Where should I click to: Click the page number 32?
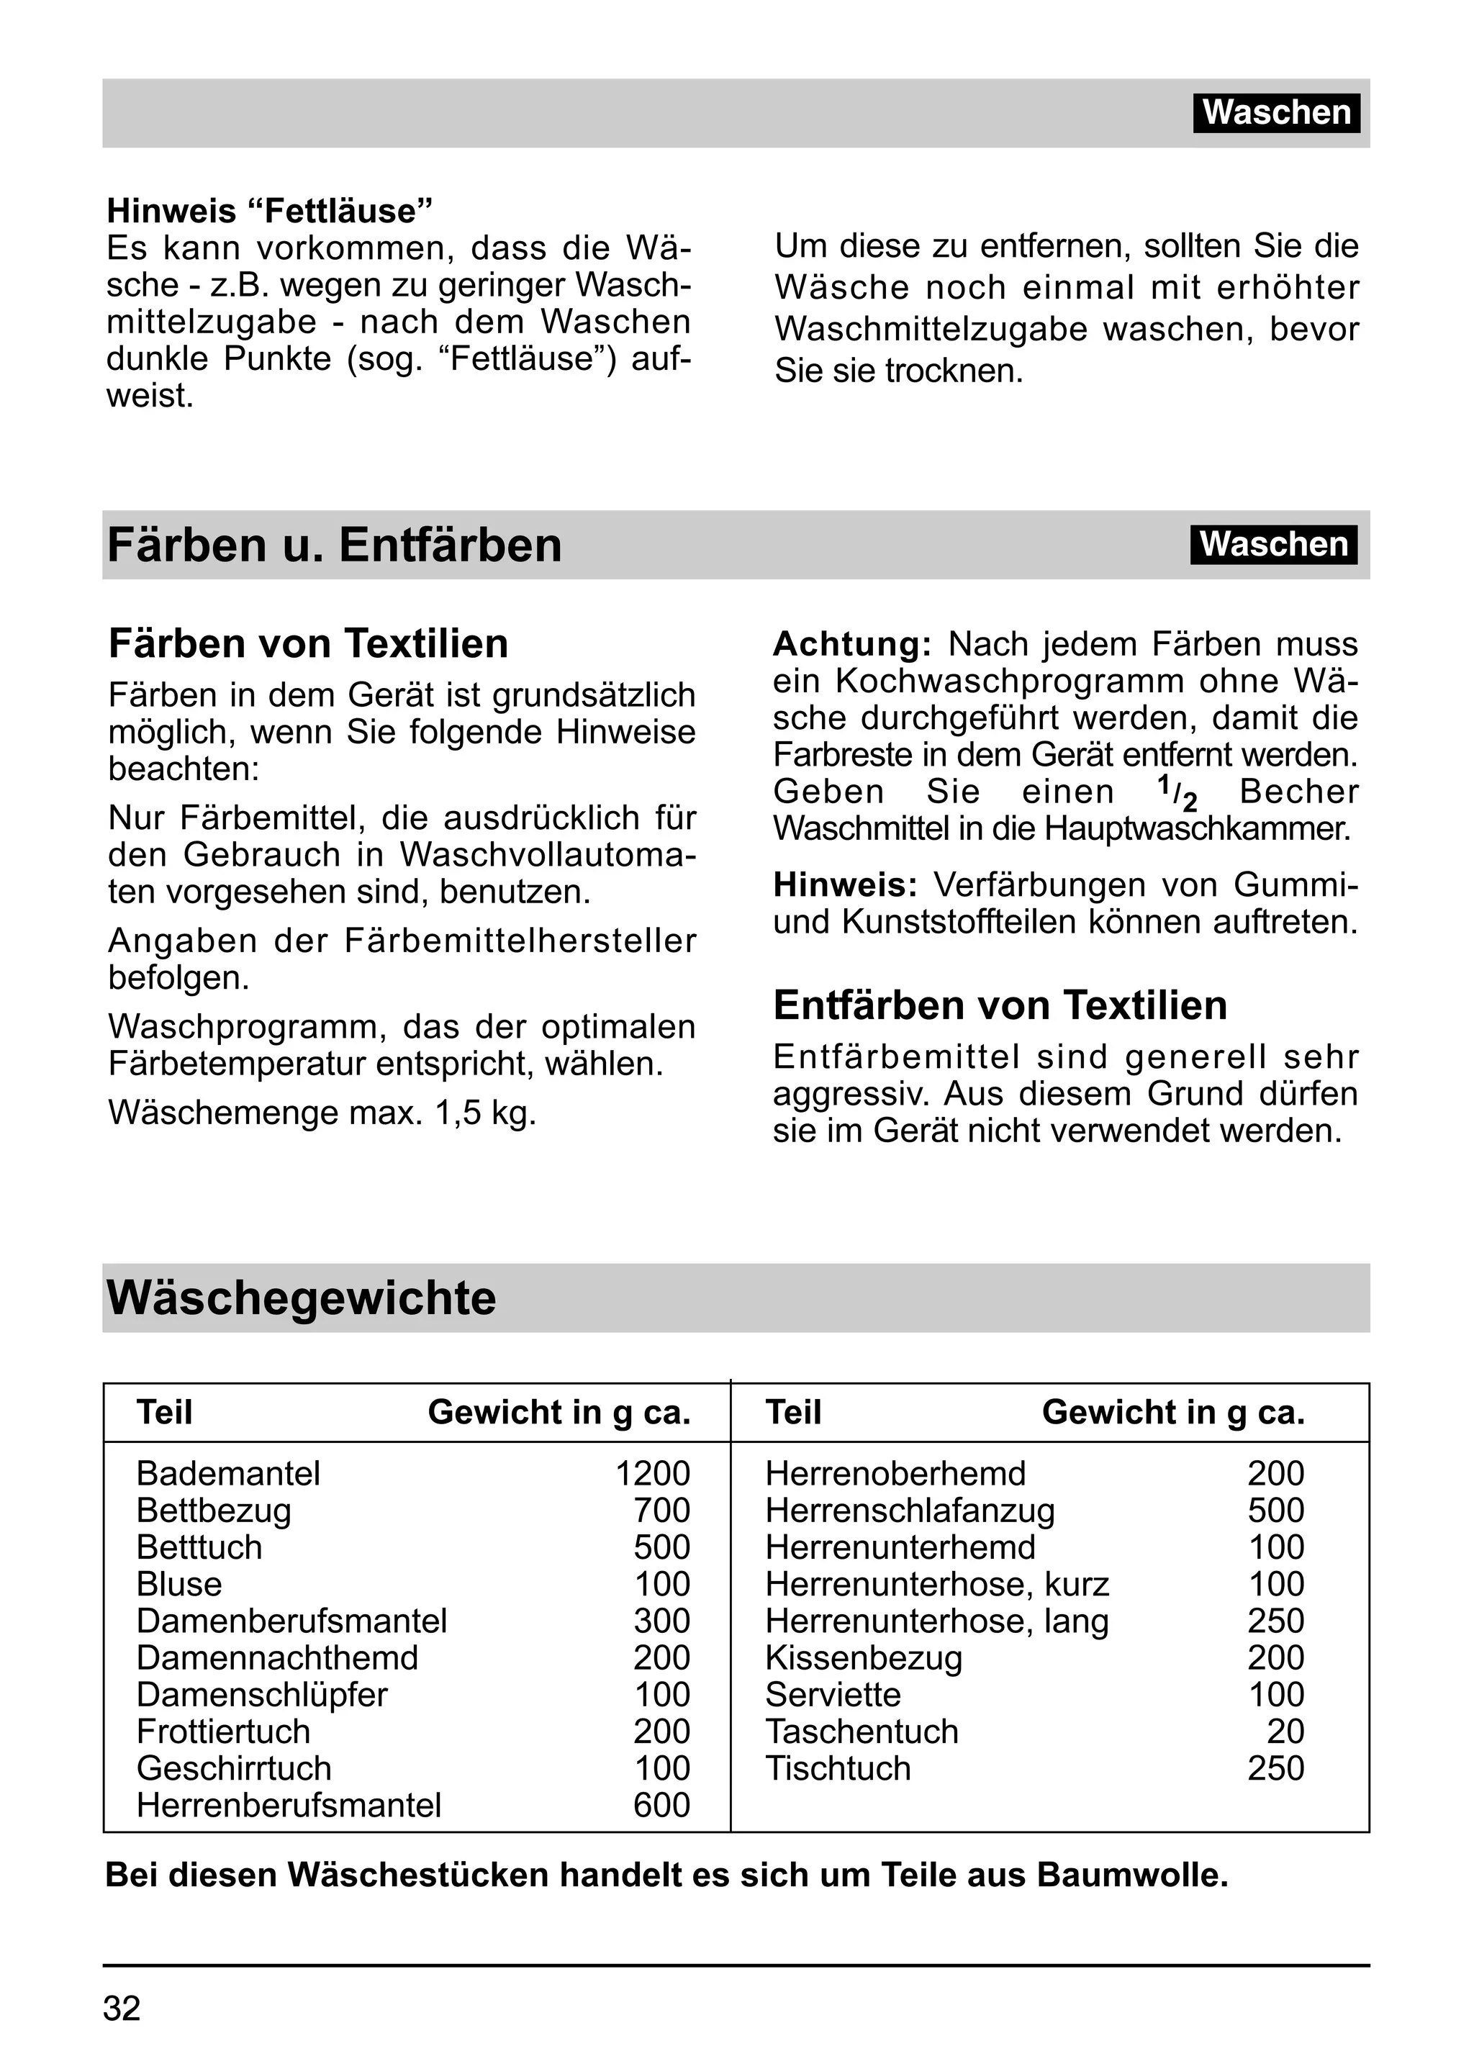(x=122, y=2009)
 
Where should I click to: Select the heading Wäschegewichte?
(x=302, y=1298)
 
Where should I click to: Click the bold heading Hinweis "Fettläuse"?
(x=270, y=211)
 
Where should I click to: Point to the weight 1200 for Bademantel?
(x=653, y=1473)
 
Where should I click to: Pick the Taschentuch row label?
(x=862, y=1732)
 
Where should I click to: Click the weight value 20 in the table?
(x=1285, y=1732)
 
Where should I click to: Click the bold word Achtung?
(x=852, y=644)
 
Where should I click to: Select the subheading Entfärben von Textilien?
(x=999, y=1005)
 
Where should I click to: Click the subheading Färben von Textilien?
(x=308, y=643)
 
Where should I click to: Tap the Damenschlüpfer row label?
(x=261, y=1695)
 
